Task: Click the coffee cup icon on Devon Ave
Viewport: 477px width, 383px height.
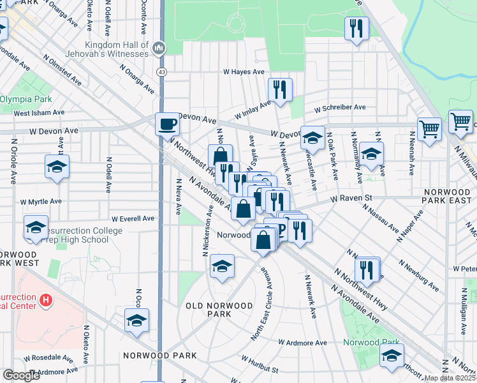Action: tap(167, 123)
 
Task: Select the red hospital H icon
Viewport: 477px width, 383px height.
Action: tap(45, 299)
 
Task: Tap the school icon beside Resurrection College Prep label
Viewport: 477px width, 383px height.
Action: tap(36, 227)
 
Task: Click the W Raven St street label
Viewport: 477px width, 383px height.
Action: tap(351, 199)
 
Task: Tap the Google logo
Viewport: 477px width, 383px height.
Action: tap(21, 375)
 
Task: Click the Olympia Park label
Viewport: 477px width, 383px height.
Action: tap(26, 100)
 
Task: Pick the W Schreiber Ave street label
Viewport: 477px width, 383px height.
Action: tap(339, 107)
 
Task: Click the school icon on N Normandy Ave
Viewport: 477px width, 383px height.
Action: tap(371, 153)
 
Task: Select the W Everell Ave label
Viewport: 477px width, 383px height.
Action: tap(133, 218)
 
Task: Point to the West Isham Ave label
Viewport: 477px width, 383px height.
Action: tap(39, 113)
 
